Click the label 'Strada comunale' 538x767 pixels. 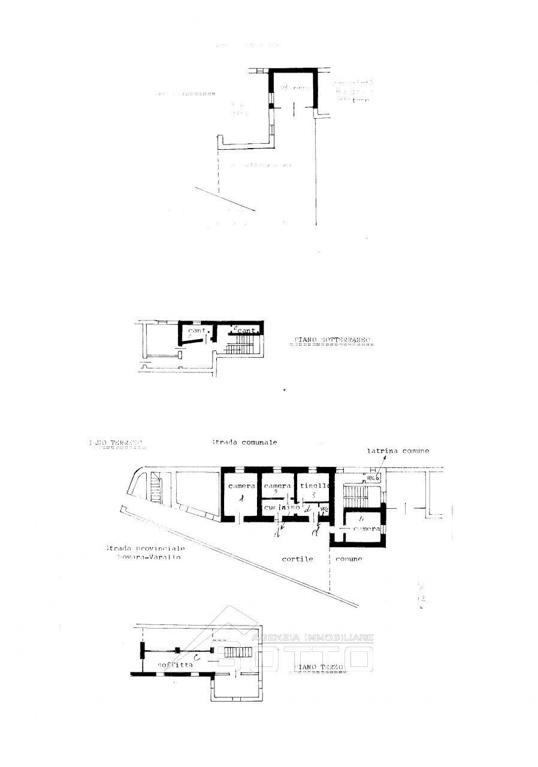pyautogui.click(x=244, y=442)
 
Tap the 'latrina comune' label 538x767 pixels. pyautogui.click(x=398, y=451)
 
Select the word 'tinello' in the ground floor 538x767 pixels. pyautogui.click(x=313, y=485)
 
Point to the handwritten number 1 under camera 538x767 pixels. pyautogui.click(x=242, y=499)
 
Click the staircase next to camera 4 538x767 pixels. pyautogui.click(x=359, y=494)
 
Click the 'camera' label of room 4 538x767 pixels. pyautogui.click(x=365, y=530)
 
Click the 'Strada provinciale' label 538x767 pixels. pyautogui.click(x=144, y=548)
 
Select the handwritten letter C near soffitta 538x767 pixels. pyautogui.click(x=205, y=658)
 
